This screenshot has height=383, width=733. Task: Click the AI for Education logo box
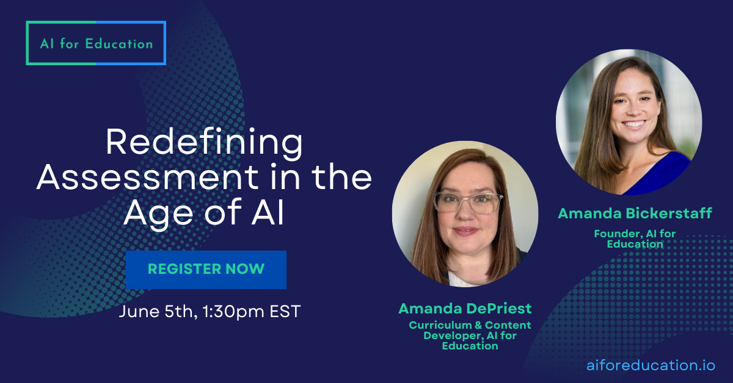pos(96,43)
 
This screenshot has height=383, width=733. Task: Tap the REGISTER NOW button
pos(206,269)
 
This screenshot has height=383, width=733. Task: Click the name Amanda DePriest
pos(465,308)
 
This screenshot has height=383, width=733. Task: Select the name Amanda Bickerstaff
pos(635,213)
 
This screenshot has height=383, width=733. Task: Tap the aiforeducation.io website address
pos(651,365)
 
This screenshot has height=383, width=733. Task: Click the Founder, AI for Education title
pos(635,238)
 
